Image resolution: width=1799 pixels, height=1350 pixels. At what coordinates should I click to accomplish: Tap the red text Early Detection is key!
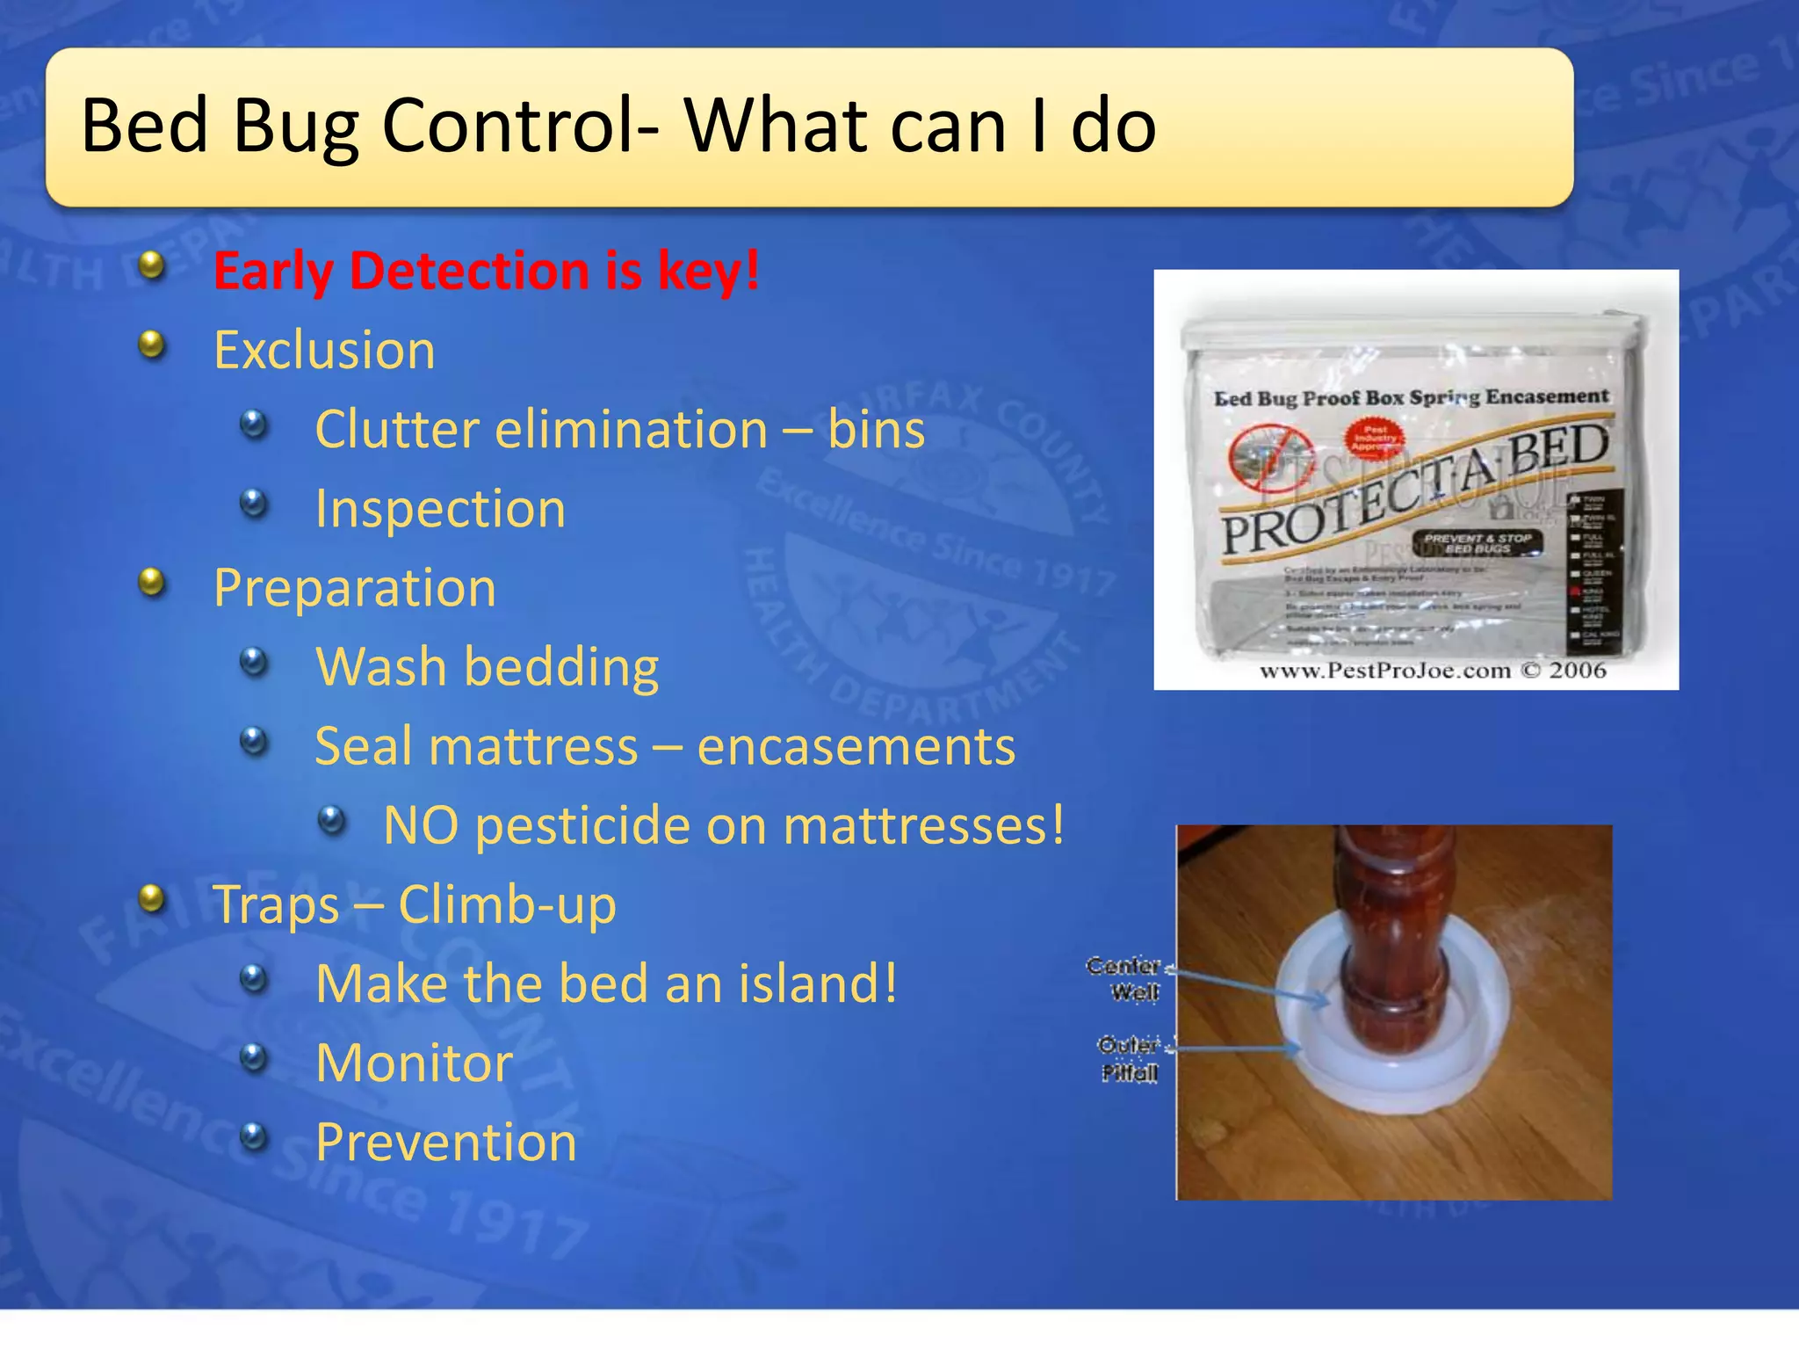tap(486, 271)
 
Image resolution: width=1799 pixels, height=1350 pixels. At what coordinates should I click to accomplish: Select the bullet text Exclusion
tap(324, 351)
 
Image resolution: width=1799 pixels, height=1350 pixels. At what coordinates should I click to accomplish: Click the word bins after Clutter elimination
tap(876, 430)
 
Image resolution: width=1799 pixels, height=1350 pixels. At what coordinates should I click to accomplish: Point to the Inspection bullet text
tap(440, 509)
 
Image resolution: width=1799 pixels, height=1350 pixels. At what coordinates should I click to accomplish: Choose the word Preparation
tap(354, 588)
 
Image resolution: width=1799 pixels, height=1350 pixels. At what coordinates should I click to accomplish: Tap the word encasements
tap(856, 746)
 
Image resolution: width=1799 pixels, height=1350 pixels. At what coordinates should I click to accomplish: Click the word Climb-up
tap(507, 904)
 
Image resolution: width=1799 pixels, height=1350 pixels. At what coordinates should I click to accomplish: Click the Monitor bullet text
tap(414, 1063)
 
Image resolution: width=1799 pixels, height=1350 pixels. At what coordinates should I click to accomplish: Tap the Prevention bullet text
tap(445, 1142)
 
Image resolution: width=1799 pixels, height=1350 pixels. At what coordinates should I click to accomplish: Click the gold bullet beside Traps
tap(153, 898)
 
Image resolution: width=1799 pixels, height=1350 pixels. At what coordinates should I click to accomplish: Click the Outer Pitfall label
tap(1129, 1058)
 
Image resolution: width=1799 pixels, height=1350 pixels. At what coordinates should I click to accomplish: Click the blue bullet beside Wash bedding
tap(254, 661)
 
